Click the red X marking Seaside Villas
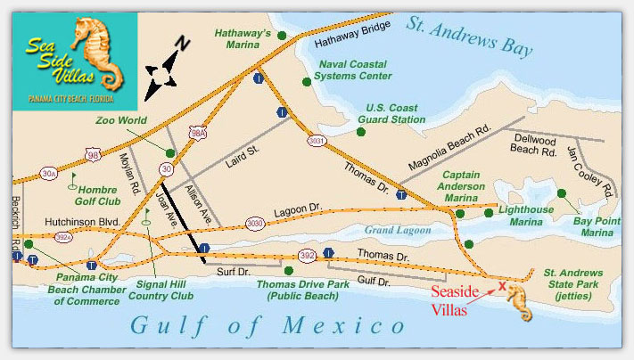501,286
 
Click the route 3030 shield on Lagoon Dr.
255,223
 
